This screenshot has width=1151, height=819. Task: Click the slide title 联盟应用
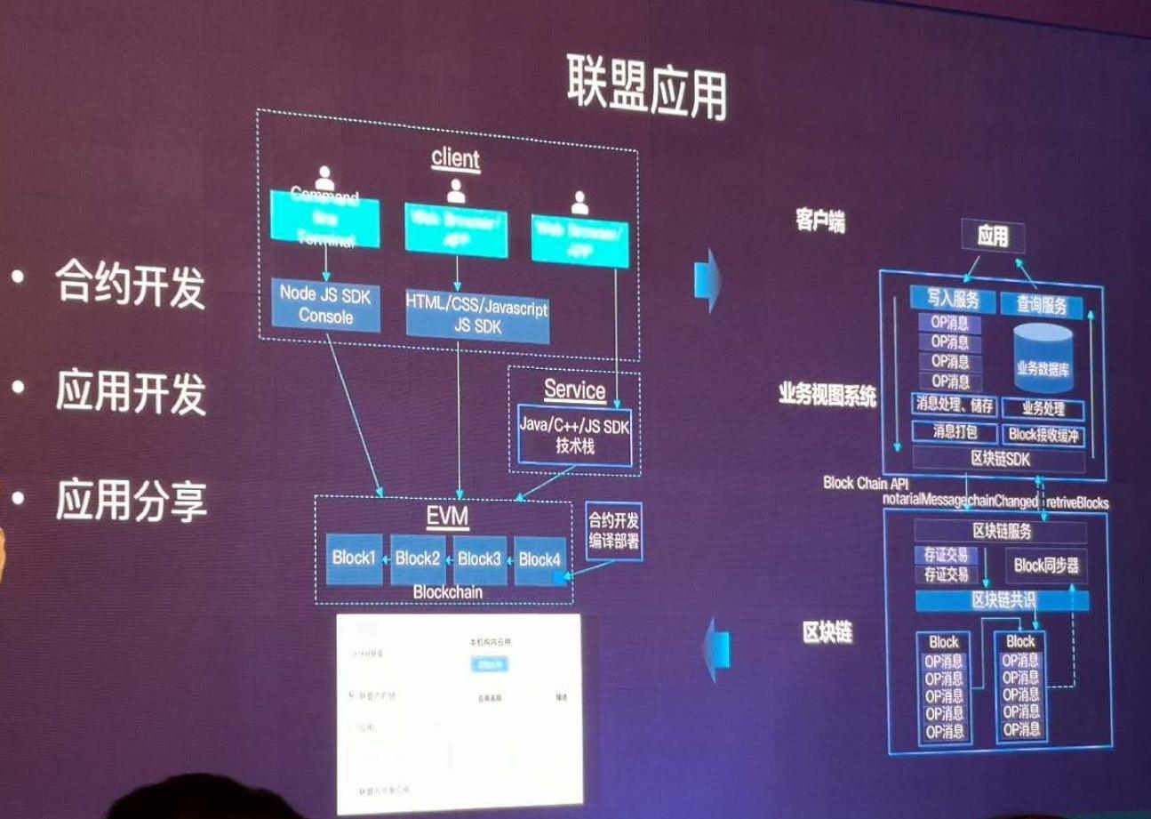646,90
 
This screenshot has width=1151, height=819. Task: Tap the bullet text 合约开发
130,285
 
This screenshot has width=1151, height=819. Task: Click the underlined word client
455,158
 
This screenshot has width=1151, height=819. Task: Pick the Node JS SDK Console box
325,305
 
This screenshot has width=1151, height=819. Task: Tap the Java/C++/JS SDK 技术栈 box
574,436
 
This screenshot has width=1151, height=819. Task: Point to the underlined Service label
574,389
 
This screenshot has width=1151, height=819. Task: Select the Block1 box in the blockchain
354,559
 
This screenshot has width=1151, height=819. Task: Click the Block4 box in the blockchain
540,559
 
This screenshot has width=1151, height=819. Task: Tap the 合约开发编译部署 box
613,530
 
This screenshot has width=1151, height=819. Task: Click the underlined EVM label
447,516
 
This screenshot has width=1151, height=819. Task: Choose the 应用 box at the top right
992,236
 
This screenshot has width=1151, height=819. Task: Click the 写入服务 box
951,302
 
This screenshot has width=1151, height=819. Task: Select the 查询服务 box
1042,303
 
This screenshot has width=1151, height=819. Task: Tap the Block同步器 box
1046,565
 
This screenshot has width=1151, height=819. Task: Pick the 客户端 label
819,221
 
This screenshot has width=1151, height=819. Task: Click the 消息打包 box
954,433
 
